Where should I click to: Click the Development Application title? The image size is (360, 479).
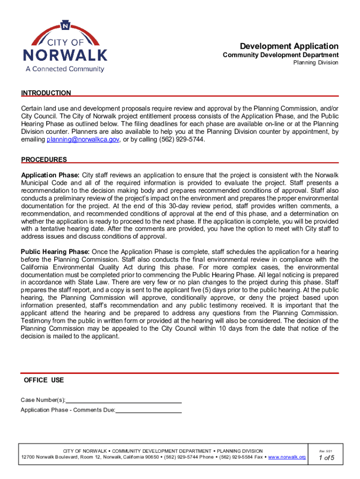pos(289,46)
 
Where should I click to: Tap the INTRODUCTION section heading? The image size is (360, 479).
pos(46,93)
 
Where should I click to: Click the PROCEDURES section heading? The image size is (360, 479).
pos(44,160)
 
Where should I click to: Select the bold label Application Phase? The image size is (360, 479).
pos(50,175)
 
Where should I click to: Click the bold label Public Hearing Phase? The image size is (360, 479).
pos(56,252)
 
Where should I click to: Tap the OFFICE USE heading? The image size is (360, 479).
pos(44,380)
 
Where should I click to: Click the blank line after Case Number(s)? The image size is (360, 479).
pos(124,400)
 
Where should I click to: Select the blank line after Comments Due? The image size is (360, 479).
pos(148,410)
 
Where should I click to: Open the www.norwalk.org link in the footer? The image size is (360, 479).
pos(287,457)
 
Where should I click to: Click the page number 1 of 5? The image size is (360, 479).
pos(326,458)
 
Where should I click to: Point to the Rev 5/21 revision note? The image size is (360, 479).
pos(326,451)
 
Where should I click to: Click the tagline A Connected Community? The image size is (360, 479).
pos(65,69)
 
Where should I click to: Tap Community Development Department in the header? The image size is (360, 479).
pos(281,55)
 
